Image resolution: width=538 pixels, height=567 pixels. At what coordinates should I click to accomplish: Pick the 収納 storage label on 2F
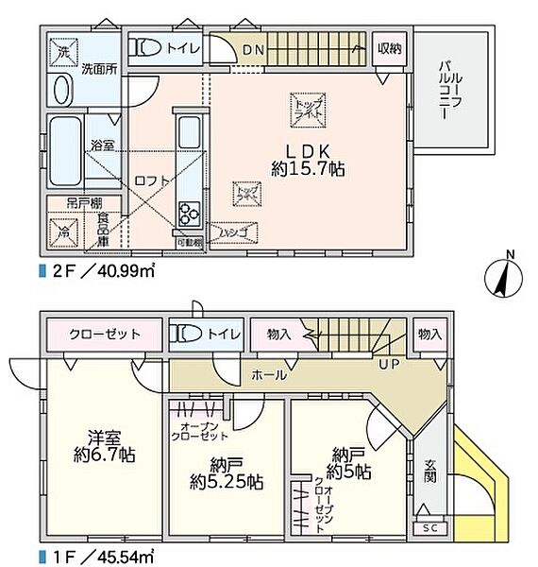[x=389, y=47]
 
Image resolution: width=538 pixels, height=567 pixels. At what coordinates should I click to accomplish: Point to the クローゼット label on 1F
[x=105, y=335]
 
